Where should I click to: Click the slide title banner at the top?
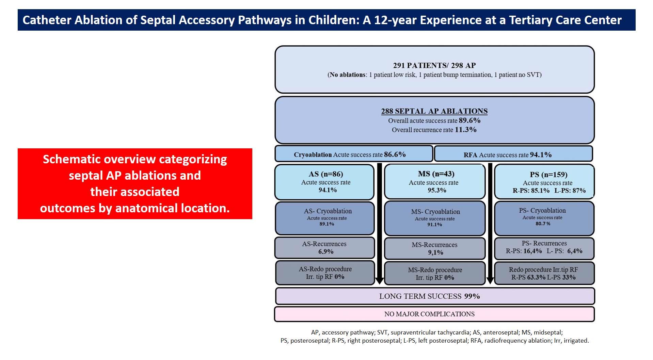(326, 20)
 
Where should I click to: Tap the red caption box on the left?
(135, 184)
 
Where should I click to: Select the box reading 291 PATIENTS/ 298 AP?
(434, 69)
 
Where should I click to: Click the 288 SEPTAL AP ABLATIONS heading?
(434, 111)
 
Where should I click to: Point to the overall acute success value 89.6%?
(469, 120)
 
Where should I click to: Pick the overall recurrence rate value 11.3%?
(465, 130)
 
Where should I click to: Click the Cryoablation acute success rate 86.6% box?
(353, 154)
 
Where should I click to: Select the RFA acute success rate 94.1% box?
(513, 154)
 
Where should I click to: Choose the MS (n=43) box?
(434, 182)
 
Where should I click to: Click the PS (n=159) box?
(544, 182)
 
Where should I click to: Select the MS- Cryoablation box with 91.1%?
(434, 218)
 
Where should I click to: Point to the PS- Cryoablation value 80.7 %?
(543, 224)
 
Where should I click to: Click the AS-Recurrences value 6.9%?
(326, 252)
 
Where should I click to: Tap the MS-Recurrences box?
(434, 248)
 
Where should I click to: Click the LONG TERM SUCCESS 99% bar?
(434, 296)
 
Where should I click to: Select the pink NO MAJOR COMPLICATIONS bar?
(434, 314)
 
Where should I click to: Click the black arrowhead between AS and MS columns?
(379, 281)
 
